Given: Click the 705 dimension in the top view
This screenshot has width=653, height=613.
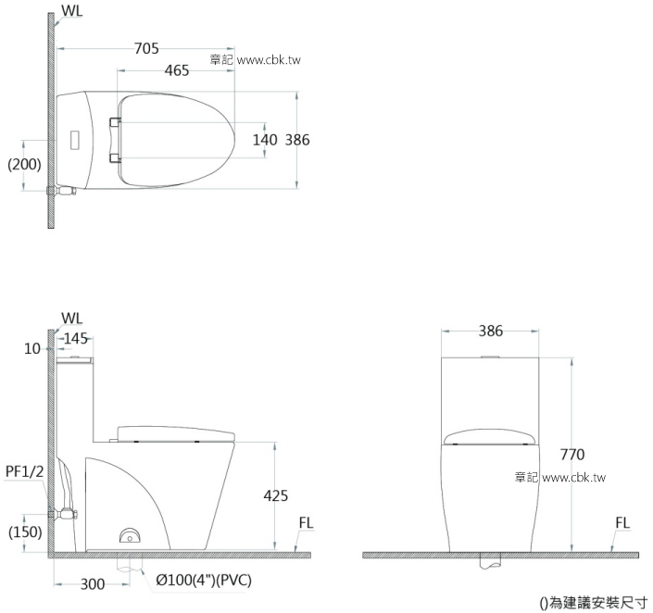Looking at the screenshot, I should point(145,49).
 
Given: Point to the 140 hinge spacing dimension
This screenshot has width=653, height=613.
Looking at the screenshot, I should point(265,140).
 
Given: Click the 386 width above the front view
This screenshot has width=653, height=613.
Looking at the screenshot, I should point(491,330).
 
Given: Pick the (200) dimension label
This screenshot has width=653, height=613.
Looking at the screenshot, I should point(23,165).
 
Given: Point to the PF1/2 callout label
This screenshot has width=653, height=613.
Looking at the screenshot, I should point(24,472).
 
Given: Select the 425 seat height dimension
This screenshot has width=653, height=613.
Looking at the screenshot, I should point(276,496).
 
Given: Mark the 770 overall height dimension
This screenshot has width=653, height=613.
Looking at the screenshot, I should point(574,455).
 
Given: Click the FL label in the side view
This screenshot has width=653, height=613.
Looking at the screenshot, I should point(308,523).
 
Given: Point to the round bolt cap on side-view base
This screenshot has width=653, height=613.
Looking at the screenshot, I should point(129,536).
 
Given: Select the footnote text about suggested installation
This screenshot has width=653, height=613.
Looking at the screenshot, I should point(593,602).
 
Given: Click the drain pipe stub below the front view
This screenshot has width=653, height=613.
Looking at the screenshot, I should point(490,560).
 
